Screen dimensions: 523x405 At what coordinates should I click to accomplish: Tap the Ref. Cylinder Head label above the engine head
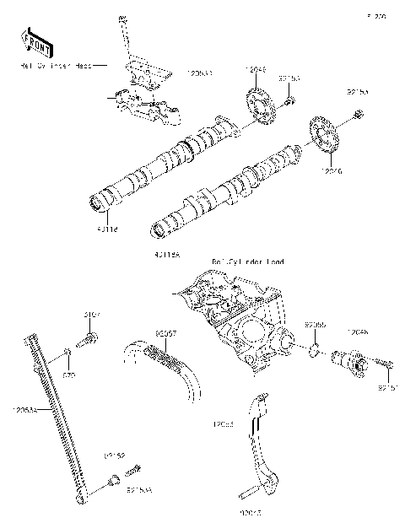point(248,261)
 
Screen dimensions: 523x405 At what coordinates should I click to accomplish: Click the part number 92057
point(165,333)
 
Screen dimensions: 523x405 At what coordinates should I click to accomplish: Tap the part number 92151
point(386,388)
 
